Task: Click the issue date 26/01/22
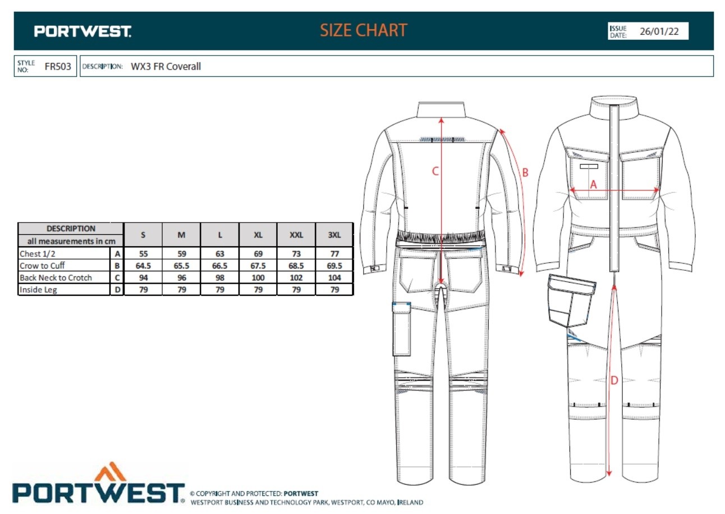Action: (x=659, y=31)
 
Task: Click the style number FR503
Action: (x=58, y=66)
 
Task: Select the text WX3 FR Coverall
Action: (x=166, y=66)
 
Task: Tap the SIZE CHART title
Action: (x=364, y=30)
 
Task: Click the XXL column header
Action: (x=296, y=235)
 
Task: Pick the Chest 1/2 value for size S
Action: (x=144, y=254)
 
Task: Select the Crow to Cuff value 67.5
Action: (x=258, y=266)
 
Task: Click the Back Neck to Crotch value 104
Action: (x=334, y=278)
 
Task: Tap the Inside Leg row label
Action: (x=38, y=289)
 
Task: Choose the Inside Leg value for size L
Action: (x=220, y=290)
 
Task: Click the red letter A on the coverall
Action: (x=593, y=184)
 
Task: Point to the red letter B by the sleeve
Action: (x=525, y=172)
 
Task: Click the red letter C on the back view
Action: (x=435, y=171)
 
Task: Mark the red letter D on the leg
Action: (x=614, y=380)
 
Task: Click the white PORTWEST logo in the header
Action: (x=82, y=31)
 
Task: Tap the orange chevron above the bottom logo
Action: (x=110, y=471)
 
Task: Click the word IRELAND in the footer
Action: (x=410, y=502)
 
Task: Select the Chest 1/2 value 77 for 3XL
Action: (x=334, y=254)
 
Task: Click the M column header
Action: (x=181, y=235)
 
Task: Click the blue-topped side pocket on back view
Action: (x=402, y=329)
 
